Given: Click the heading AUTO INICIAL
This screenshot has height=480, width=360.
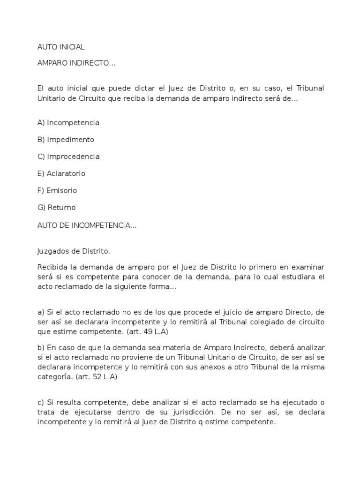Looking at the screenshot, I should [x=61, y=47].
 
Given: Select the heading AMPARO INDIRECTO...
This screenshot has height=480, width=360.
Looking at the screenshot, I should [x=76, y=63].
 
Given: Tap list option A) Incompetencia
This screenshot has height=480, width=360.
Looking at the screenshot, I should [x=68, y=122].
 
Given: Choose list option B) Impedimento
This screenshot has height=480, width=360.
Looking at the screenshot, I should [x=66, y=139].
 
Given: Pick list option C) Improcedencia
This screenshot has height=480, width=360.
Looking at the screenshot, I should [x=68, y=156].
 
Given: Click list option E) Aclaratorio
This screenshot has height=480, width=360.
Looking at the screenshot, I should [x=61, y=173].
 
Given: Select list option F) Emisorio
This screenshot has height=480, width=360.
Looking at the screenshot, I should [x=57, y=190].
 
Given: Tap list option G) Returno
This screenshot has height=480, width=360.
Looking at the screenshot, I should [x=56, y=207].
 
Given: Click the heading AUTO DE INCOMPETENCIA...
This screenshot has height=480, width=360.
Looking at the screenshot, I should [x=87, y=225].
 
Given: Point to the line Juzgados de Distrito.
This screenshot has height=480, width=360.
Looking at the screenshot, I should [x=74, y=251].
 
